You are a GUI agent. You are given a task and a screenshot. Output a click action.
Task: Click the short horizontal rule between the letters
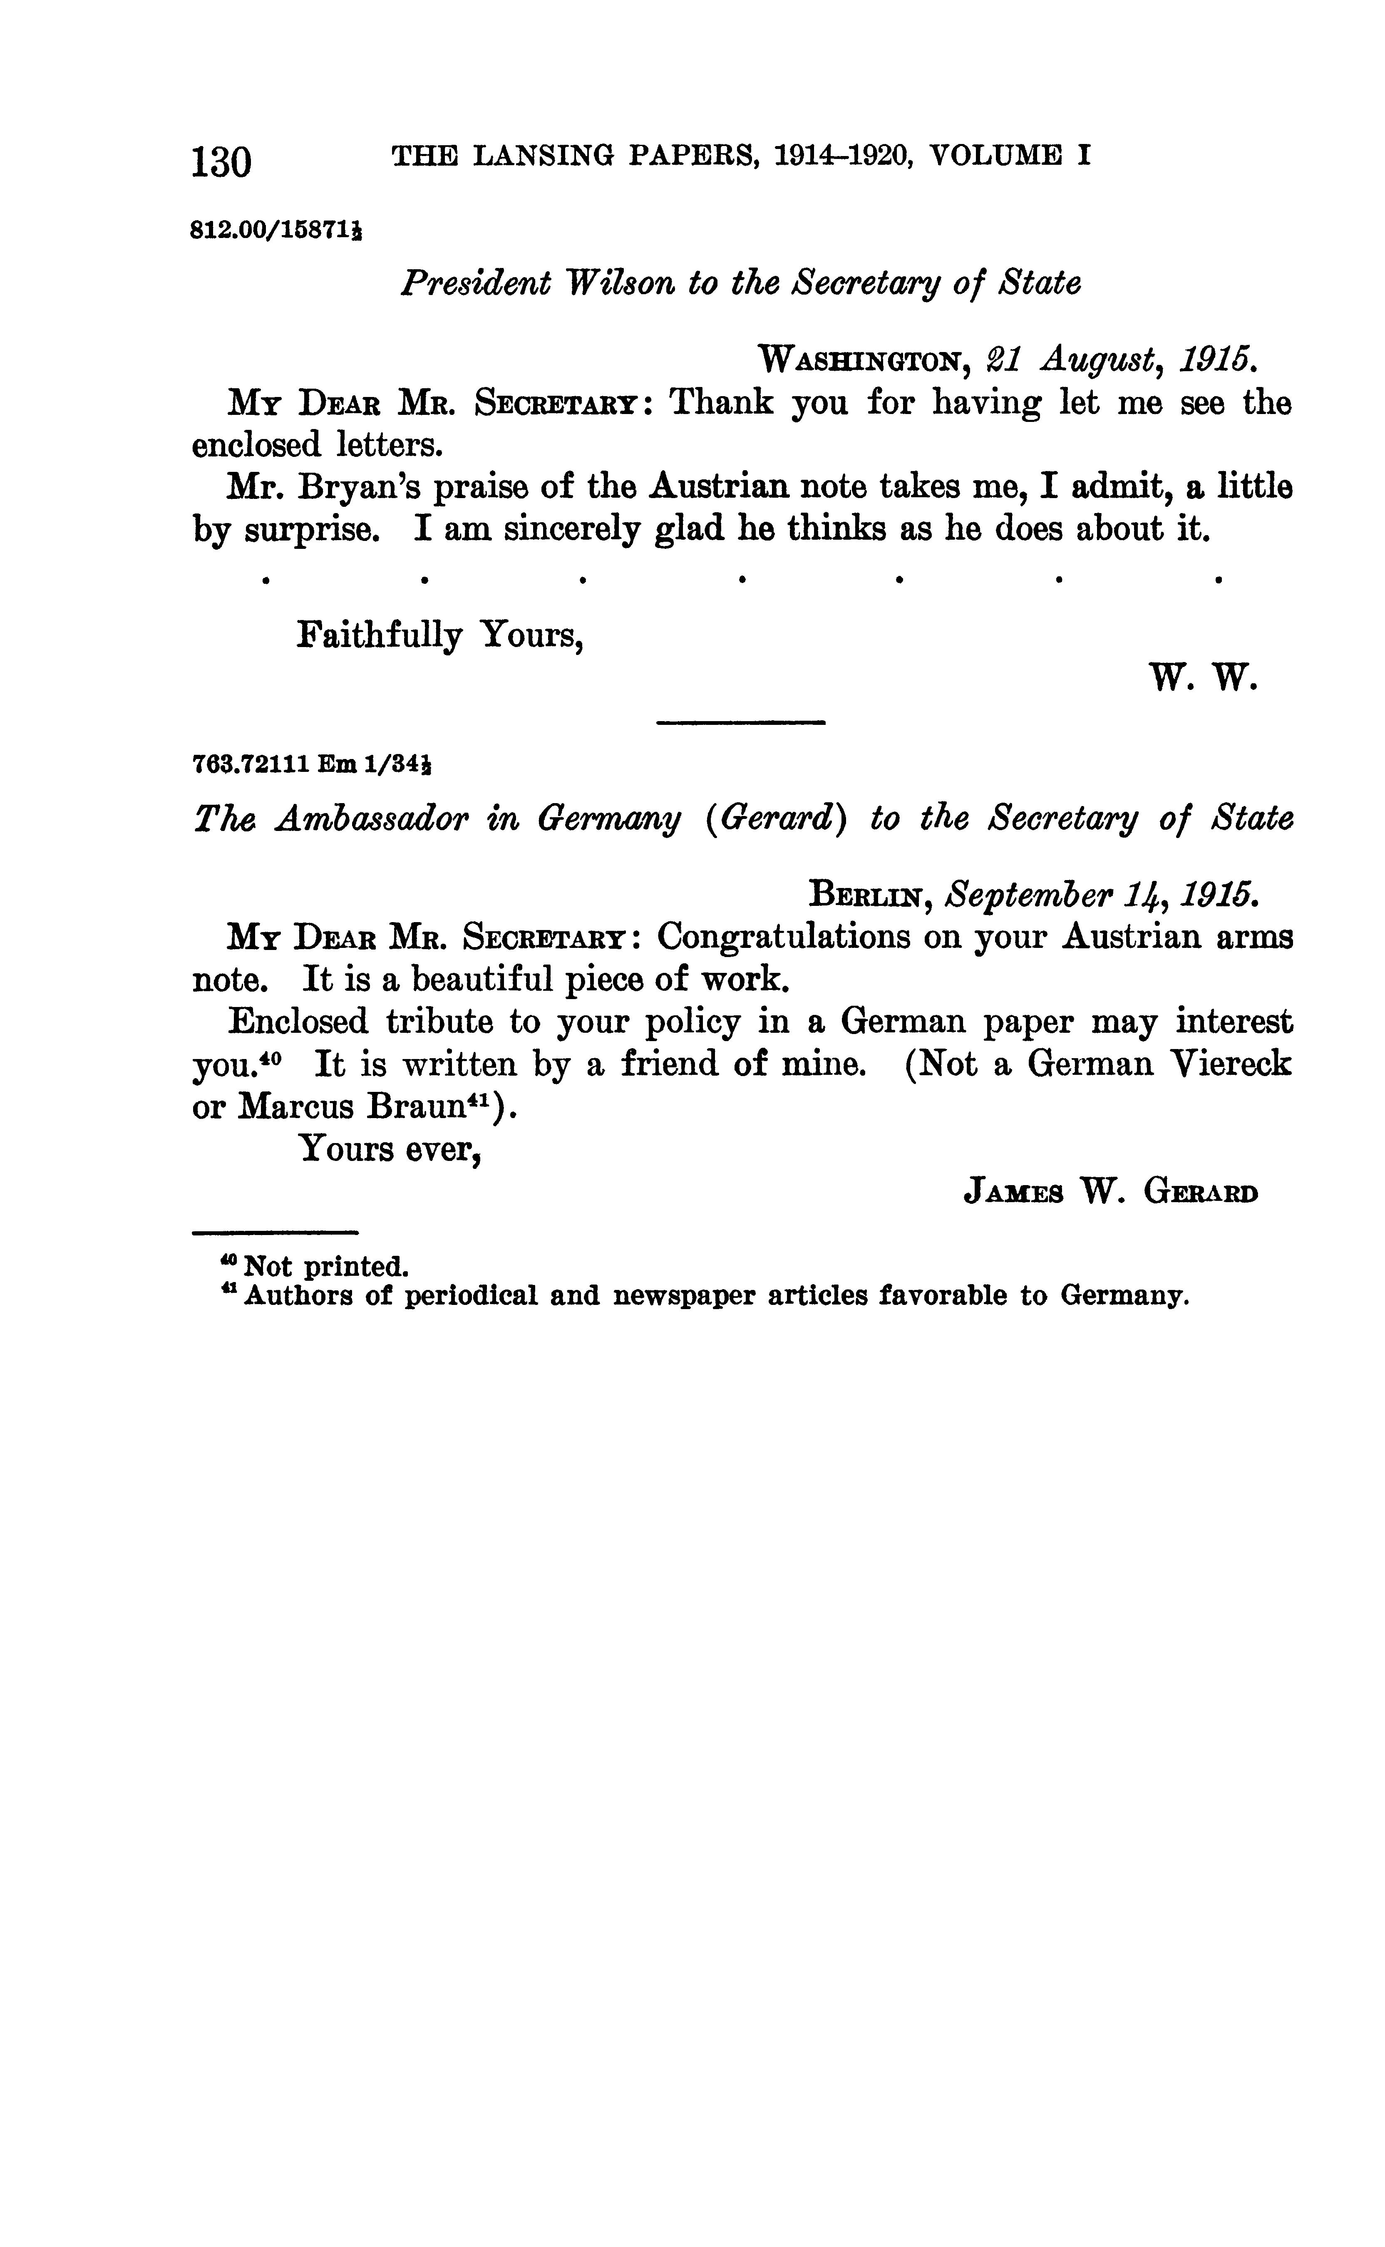pos(741,723)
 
